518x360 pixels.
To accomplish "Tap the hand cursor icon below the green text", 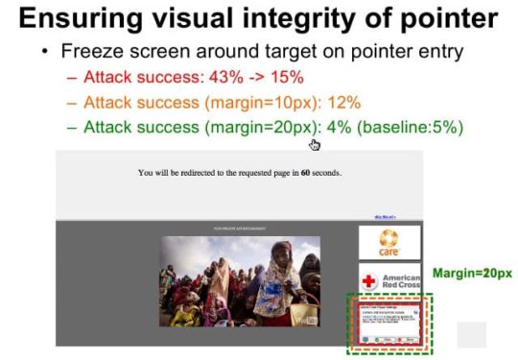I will pos(314,144).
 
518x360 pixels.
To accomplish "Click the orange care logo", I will pos(388,241).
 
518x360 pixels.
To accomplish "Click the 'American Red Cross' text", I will pos(401,279).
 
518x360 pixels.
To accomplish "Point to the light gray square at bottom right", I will pos(471,334).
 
